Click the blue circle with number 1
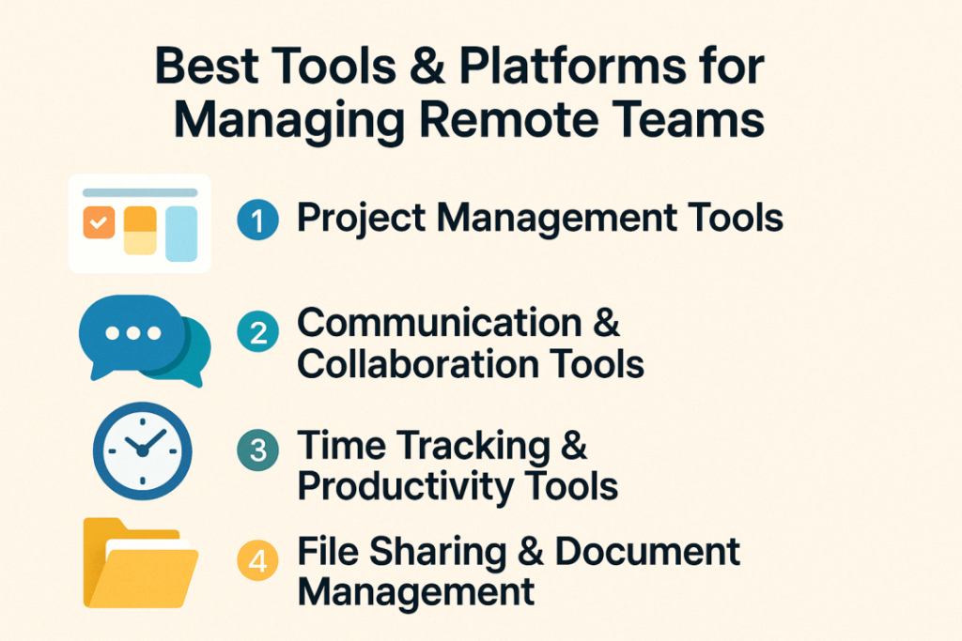click(x=257, y=220)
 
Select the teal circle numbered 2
click(x=257, y=331)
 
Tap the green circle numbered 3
click(x=257, y=450)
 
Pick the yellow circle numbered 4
click(x=257, y=560)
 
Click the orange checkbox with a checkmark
click(x=99, y=221)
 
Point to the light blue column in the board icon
click(x=181, y=234)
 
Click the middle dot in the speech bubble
click(x=133, y=333)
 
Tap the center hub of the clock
click(x=143, y=451)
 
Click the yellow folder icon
click(x=141, y=563)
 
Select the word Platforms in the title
click(x=572, y=67)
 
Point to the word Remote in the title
click(x=509, y=119)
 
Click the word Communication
click(x=440, y=322)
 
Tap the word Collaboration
click(x=417, y=364)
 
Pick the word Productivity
click(x=406, y=488)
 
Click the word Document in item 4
click(x=647, y=551)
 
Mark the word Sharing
click(x=438, y=553)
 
